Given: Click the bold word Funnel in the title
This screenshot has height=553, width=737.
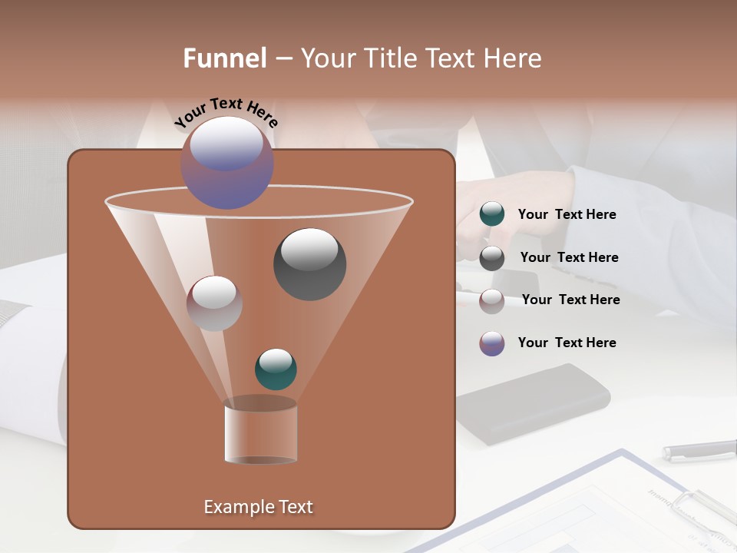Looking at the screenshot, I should pyautogui.click(x=225, y=58).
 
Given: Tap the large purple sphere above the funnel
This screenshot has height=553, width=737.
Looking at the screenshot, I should pyautogui.click(x=227, y=162).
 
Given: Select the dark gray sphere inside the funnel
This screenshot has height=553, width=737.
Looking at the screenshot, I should pyautogui.click(x=310, y=263).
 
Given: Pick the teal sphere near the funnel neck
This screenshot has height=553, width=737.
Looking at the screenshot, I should pyautogui.click(x=276, y=369).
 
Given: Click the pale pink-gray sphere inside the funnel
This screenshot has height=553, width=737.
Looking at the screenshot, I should pyautogui.click(x=214, y=303).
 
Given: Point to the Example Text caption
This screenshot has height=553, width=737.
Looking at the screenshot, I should pyautogui.click(x=259, y=507).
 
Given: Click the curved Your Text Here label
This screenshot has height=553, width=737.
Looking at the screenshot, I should pyautogui.click(x=226, y=112).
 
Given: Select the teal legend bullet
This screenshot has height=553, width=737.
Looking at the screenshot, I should pyautogui.click(x=492, y=214).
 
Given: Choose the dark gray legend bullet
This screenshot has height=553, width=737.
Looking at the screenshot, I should pyautogui.click(x=492, y=257).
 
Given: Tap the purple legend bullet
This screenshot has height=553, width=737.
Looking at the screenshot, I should pyautogui.click(x=492, y=343).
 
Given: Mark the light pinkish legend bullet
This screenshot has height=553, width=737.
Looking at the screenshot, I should pyautogui.click(x=492, y=300).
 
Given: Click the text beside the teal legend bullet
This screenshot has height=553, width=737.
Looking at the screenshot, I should pyautogui.click(x=567, y=214).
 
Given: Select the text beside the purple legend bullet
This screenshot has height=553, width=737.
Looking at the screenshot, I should pyautogui.click(x=567, y=343).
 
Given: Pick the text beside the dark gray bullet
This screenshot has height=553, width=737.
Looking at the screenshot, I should pyautogui.click(x=569, y=257).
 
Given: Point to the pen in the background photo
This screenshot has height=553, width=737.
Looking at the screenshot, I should pyautogui.click(x=699, y=450).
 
